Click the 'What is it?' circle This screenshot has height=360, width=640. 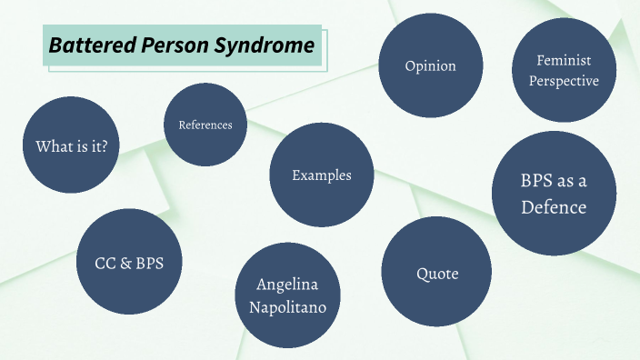(71, 145)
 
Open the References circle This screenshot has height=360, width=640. (205, 125)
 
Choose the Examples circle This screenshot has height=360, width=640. (321, 175)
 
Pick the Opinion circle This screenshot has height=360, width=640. (430, 66)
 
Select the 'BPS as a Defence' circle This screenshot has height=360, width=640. (554, 193)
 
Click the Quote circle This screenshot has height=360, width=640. (437, 274)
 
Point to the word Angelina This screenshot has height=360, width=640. (287, 285)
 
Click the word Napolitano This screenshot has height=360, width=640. (287, 307)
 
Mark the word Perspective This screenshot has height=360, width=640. (565, 81)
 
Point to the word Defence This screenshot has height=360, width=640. (554, 207)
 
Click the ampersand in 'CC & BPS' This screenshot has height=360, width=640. (125, 264)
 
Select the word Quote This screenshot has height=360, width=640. (437, 274)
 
